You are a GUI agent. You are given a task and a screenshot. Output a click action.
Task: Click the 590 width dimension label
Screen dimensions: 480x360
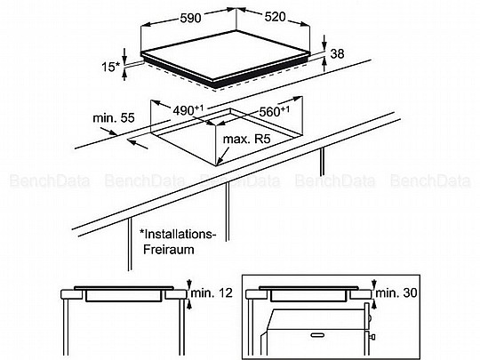pos(190,18)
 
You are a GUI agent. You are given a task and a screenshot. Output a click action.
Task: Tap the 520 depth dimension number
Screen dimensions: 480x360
pos(275,17)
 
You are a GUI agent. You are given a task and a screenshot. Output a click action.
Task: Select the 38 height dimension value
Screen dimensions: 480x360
pos(337,53)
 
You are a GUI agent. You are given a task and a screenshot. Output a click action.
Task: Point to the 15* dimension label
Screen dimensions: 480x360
pos(111,67)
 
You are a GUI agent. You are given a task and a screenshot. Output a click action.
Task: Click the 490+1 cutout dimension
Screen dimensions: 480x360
pos(188,110)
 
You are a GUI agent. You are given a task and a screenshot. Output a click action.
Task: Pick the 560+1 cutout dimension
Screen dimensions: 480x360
pos(274,111)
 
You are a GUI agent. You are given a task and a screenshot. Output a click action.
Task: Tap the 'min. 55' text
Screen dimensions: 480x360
pos(114,118)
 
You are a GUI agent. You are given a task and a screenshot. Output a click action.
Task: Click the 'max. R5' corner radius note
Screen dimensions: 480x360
pos(247,140)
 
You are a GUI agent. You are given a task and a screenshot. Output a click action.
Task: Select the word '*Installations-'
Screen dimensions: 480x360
pos(178,234)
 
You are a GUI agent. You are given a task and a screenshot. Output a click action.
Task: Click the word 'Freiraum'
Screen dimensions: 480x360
pos(169,249)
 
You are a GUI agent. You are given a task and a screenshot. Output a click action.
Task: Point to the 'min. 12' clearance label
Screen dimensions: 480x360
pos(212,293)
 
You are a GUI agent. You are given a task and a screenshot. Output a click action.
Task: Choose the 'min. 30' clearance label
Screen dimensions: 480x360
pos(396,293)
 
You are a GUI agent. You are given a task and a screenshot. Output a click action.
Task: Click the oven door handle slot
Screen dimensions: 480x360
pos(317,335)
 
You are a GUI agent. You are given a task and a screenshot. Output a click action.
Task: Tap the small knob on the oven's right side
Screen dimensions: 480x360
pos(372,337)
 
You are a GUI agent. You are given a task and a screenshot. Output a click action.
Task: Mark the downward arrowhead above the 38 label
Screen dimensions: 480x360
pos(324,45)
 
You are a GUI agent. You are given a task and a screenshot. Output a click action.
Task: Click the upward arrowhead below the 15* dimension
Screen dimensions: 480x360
pos(124,73)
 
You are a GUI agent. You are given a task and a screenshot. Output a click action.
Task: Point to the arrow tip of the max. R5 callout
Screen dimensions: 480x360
pos(217,165)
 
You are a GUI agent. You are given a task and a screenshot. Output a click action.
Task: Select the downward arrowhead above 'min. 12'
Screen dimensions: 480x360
pos(189,284)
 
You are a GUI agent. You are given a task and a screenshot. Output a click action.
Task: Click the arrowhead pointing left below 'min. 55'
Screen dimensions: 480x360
pos(131,141)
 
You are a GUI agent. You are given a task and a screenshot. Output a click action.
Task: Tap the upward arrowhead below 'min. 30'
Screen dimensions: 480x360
pos(373,304)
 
